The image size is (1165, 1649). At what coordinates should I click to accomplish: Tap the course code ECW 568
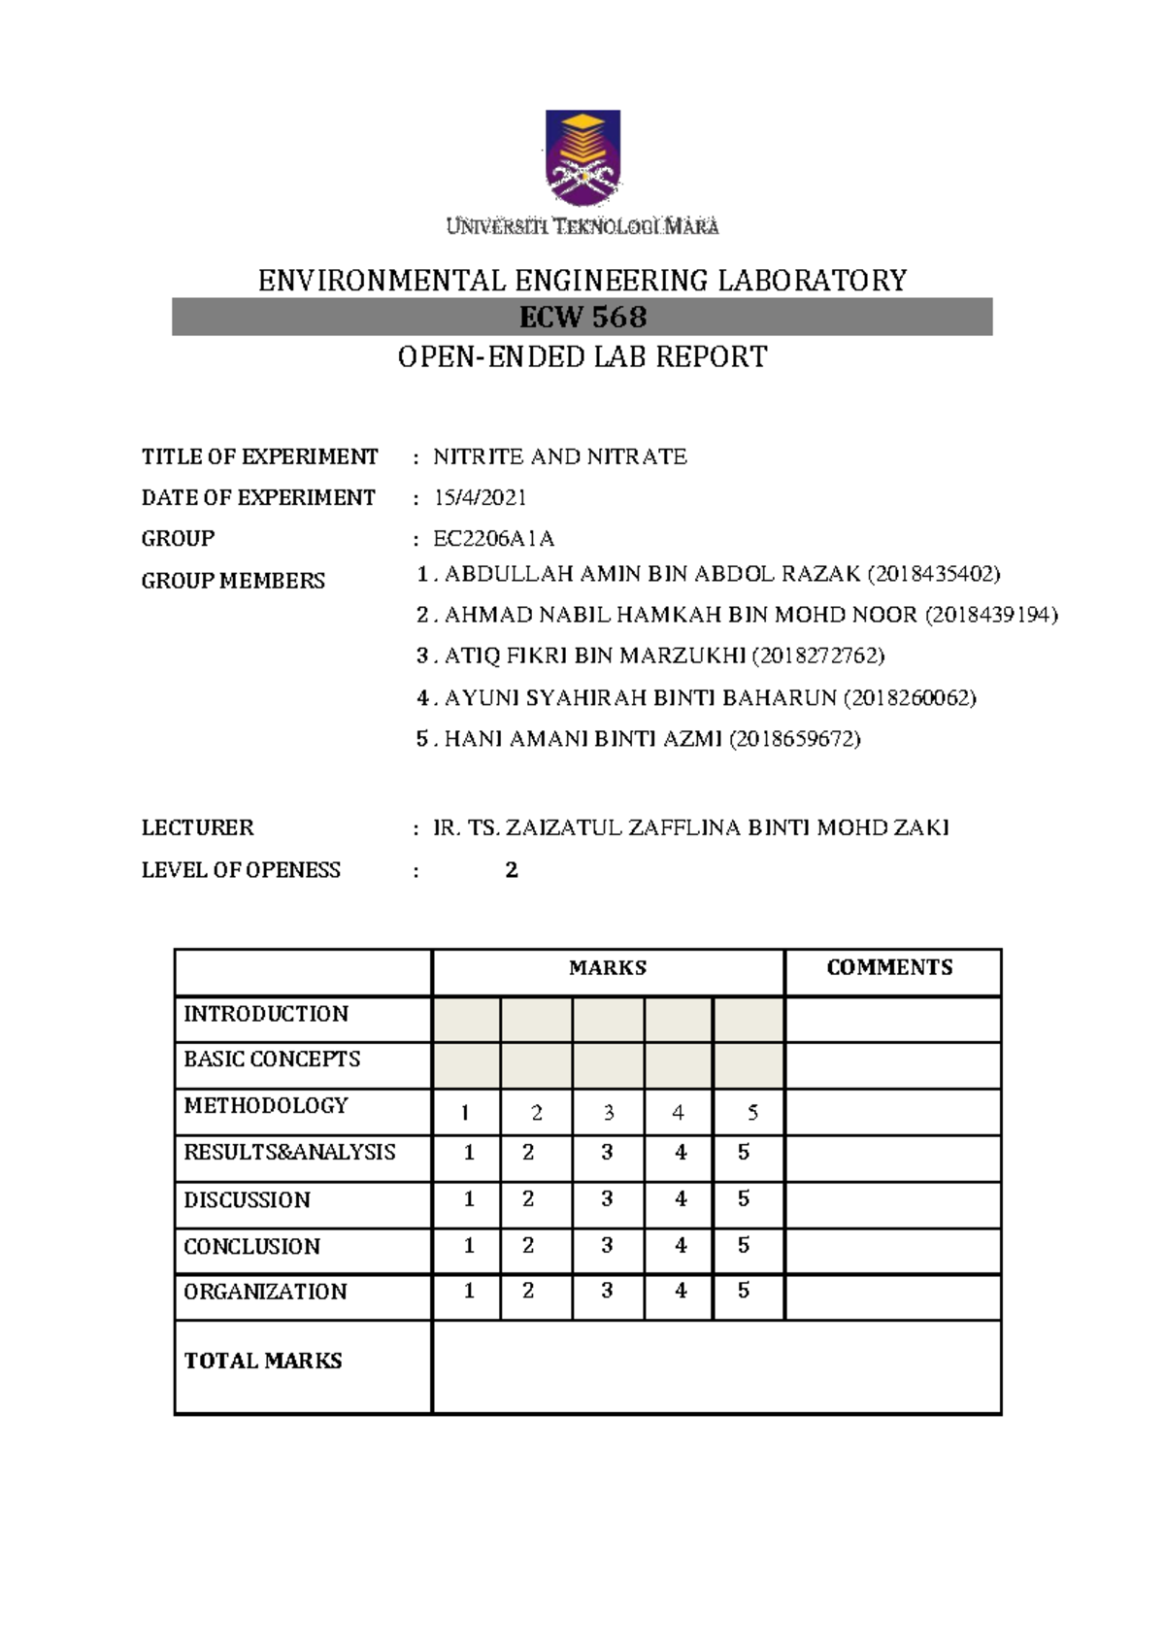click(x=582, y=318)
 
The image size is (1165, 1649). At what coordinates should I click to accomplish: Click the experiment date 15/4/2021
click(x=480, y=498)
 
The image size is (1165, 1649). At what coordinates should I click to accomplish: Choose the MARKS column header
click(x=608, y=968)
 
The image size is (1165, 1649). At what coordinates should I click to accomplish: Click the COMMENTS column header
click(x=889, y=968)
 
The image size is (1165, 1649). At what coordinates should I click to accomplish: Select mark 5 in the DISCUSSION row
click(x=744, y=1199)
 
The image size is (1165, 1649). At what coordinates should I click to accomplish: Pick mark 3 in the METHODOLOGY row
click(x=609, y=1113)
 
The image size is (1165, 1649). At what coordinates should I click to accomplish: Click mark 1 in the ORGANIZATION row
click(x=469, y=1292)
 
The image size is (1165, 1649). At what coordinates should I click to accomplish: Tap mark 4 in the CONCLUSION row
click(x=681, y=1245)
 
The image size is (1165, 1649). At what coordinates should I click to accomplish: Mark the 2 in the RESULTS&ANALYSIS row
click(x=528, y=1153)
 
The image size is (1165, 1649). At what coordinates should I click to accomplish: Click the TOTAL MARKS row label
click(x=263, y=1362)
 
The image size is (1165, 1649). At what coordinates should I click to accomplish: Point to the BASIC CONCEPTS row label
click(x=272, y=1060)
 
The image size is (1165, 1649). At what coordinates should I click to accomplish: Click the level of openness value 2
click(x=512, y=870)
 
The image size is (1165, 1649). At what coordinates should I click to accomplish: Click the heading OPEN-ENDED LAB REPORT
click(x=582, y=357)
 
